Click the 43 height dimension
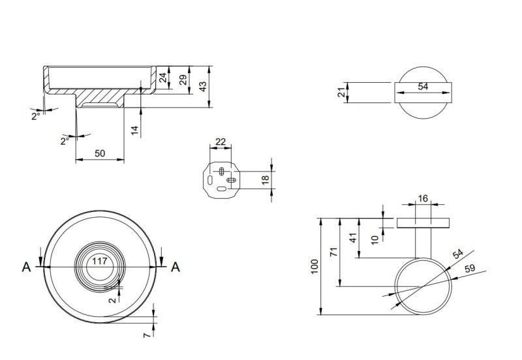(203, 85)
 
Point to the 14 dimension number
(134, 129)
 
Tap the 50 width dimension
(100, 153)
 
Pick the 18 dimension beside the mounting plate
(265, 180)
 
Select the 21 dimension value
(341, 93)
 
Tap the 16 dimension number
(423, 199)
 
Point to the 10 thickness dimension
(375, 239)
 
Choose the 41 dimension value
(353, 239)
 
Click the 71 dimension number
(333, 251)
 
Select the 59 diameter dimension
(469, 268)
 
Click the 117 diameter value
(99, 261)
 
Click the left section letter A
(26, 266)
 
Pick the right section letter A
(175, 266)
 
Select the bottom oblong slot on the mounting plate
(222, 188)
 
